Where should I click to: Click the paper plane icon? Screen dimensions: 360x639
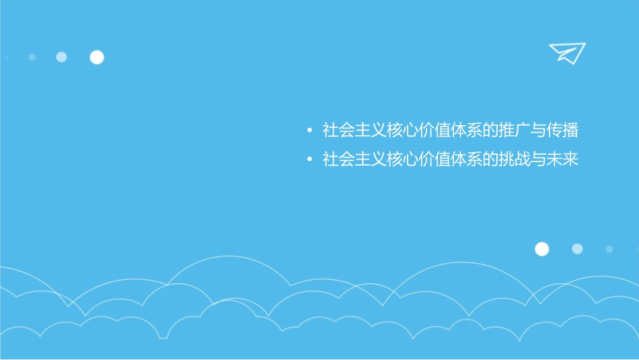point(566,52)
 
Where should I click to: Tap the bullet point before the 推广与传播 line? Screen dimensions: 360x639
point(309,131)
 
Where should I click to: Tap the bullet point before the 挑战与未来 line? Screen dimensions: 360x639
point(309,161)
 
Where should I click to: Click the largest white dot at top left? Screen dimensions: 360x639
point(97,57)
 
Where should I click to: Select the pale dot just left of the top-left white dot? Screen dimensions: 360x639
point(61,57)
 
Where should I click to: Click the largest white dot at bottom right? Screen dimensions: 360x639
point(541,249)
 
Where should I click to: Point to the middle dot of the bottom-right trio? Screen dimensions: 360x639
point(577,249)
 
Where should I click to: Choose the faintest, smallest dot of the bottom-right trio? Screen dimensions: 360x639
point(609,249)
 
